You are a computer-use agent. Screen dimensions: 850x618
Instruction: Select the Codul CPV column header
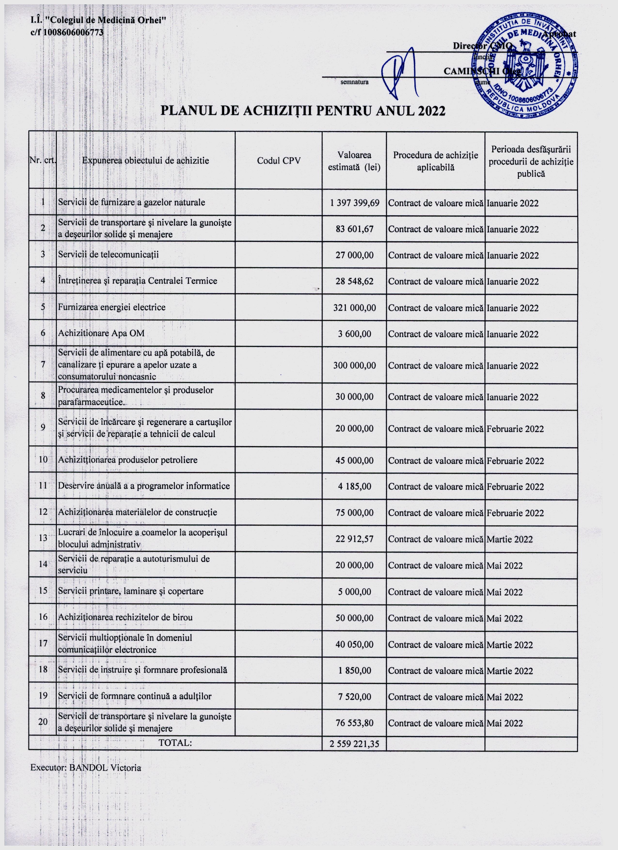(x=278, y=161)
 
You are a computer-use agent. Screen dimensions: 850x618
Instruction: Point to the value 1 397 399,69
(x=354, y=203)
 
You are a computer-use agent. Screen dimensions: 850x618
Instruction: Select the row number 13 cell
(x=43, y=538)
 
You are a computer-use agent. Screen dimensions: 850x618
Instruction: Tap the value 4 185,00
(x=354, y=487)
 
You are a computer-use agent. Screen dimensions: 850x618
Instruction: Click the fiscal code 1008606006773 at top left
(x=73, y=32)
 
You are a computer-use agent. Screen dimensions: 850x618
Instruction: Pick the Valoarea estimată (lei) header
(x=354, y=161)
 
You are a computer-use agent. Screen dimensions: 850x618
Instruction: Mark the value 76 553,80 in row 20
(x=354, y=723)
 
